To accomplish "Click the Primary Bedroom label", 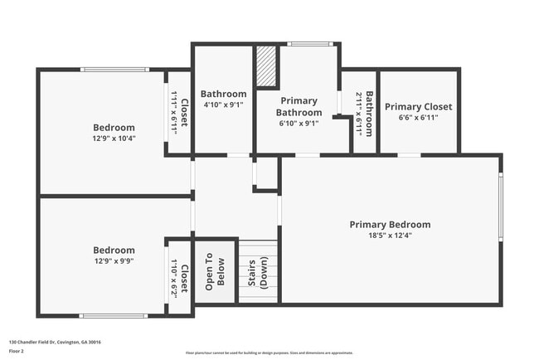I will [x=390, y=224].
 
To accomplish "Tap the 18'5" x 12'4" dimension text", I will [x=390, y=236].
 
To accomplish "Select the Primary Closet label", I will [x=418, y=106].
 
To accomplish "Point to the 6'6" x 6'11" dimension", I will [x=418, y=118].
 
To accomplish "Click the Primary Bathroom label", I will [x=299, y=106].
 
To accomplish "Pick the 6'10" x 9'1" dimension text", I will [x=299, y=124].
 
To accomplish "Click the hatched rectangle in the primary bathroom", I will [x=265, y=66].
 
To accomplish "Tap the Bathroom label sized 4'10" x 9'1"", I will [x=223, y=94].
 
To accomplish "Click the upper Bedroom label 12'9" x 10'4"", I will [x=114, y=127].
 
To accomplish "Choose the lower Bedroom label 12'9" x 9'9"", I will [x=114, y=250].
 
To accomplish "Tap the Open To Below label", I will [x=215, y=272].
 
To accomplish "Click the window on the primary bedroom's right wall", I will [x=500, y=207].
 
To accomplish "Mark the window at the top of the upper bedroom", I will [x=114, y=70].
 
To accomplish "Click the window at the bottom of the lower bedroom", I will [x=114, y=315].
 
